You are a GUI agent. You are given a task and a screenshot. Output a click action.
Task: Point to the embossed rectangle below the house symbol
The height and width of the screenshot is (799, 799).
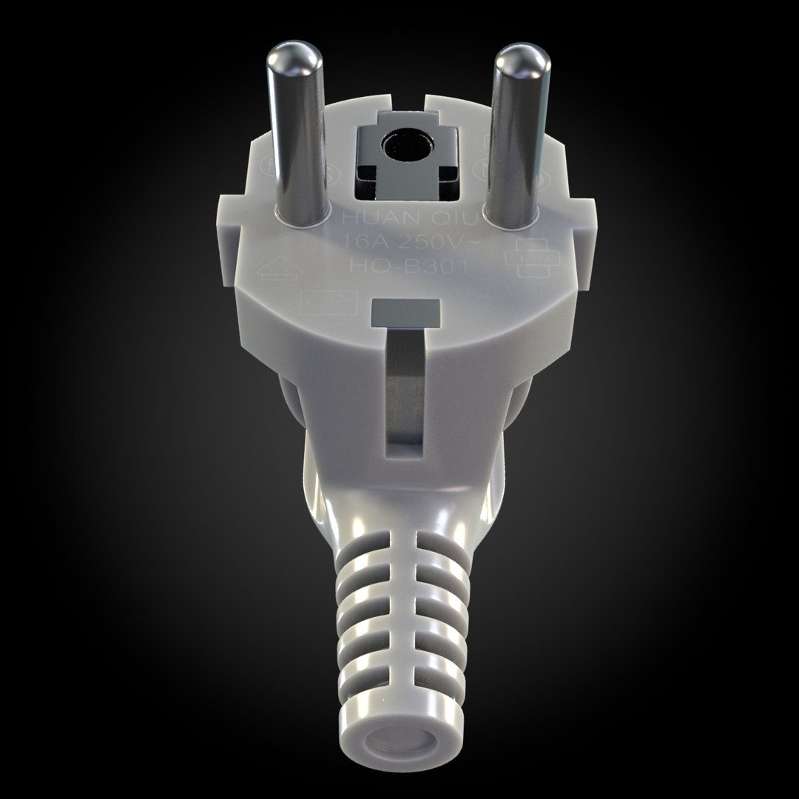(x=316, y=303)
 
